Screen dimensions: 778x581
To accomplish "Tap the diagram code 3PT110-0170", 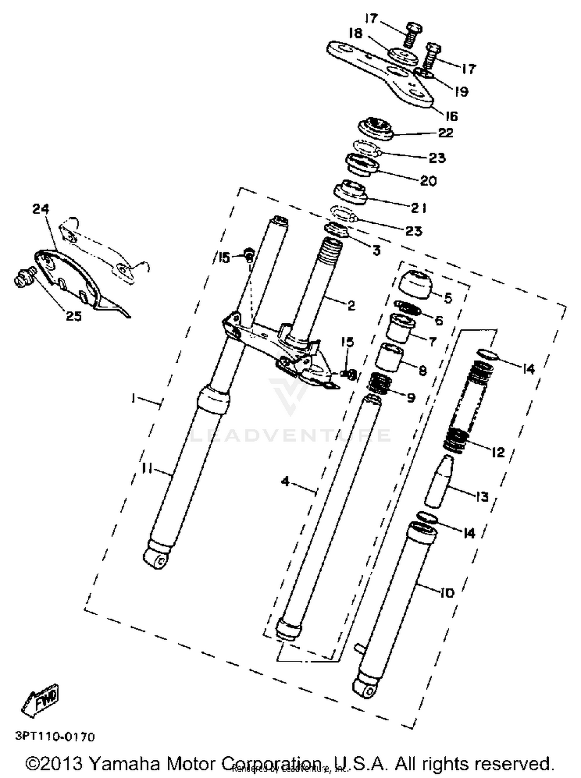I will pyautogui.click(x=55, y=737).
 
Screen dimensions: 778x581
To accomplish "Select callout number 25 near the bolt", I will pyautogui.click(x=74, y=316).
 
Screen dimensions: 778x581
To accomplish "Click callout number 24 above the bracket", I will pyautogui.click(x=41, y=209).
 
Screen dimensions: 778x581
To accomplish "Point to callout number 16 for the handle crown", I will pyautogui.click(x=452, y=116).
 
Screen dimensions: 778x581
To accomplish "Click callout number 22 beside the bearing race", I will pyautogui.click(x=446, y=133).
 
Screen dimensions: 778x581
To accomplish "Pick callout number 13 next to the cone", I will pyautogui.click(x=482, y=497).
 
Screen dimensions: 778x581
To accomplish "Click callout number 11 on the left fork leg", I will pyautogui.click(x=148, y=469).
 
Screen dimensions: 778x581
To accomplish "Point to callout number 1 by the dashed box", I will pyautogui.click(x=133, y=398).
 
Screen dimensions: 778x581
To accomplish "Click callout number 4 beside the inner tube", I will pyautogui.click(x=285, y=482).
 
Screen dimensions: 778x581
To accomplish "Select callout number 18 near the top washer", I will pyautogui.click(x=355, y=34).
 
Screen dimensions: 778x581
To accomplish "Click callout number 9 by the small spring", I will pyautogui.click(x=411, y=398).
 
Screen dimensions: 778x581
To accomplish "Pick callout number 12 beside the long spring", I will pyautogui.click(x=498, y=452).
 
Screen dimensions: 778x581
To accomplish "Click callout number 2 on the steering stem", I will pyautogui.click(x=351, y=305).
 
